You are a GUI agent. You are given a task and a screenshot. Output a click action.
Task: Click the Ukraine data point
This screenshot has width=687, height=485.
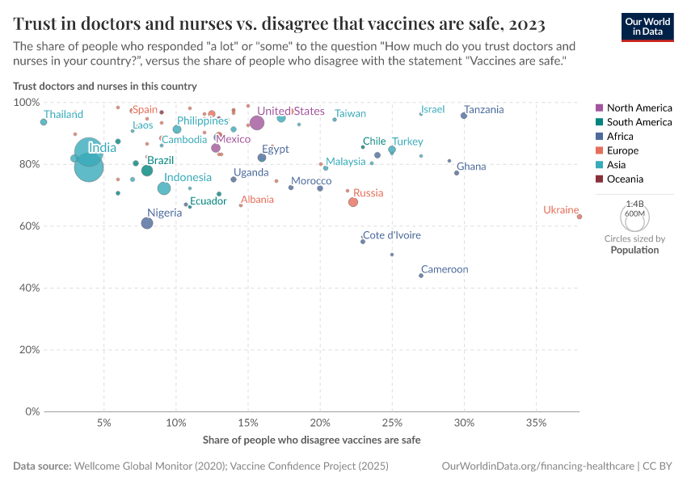[580, 217]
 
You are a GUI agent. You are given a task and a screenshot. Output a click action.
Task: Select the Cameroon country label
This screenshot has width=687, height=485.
[445, 269]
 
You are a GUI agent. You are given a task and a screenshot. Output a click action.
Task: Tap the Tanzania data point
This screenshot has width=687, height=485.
[464, 116]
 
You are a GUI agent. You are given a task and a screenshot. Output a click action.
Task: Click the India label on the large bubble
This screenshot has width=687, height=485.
[102, 148]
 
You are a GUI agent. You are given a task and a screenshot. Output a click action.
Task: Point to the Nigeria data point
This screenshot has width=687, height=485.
[147, 223]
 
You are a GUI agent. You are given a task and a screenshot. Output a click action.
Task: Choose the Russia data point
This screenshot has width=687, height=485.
[353, 202]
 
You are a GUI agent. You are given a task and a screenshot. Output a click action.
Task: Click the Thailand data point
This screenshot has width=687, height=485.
[44, 122]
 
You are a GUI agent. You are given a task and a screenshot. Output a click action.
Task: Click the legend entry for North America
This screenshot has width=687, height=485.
[639, 108]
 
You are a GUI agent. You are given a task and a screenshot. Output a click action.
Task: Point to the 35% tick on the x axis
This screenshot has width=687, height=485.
[536, 423]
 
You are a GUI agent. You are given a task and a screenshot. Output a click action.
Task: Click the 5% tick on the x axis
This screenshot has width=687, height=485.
[103, 423]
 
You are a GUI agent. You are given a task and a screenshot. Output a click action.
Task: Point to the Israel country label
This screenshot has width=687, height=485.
[432, 109]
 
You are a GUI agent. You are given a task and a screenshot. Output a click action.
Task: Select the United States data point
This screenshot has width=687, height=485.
[257, 123]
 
